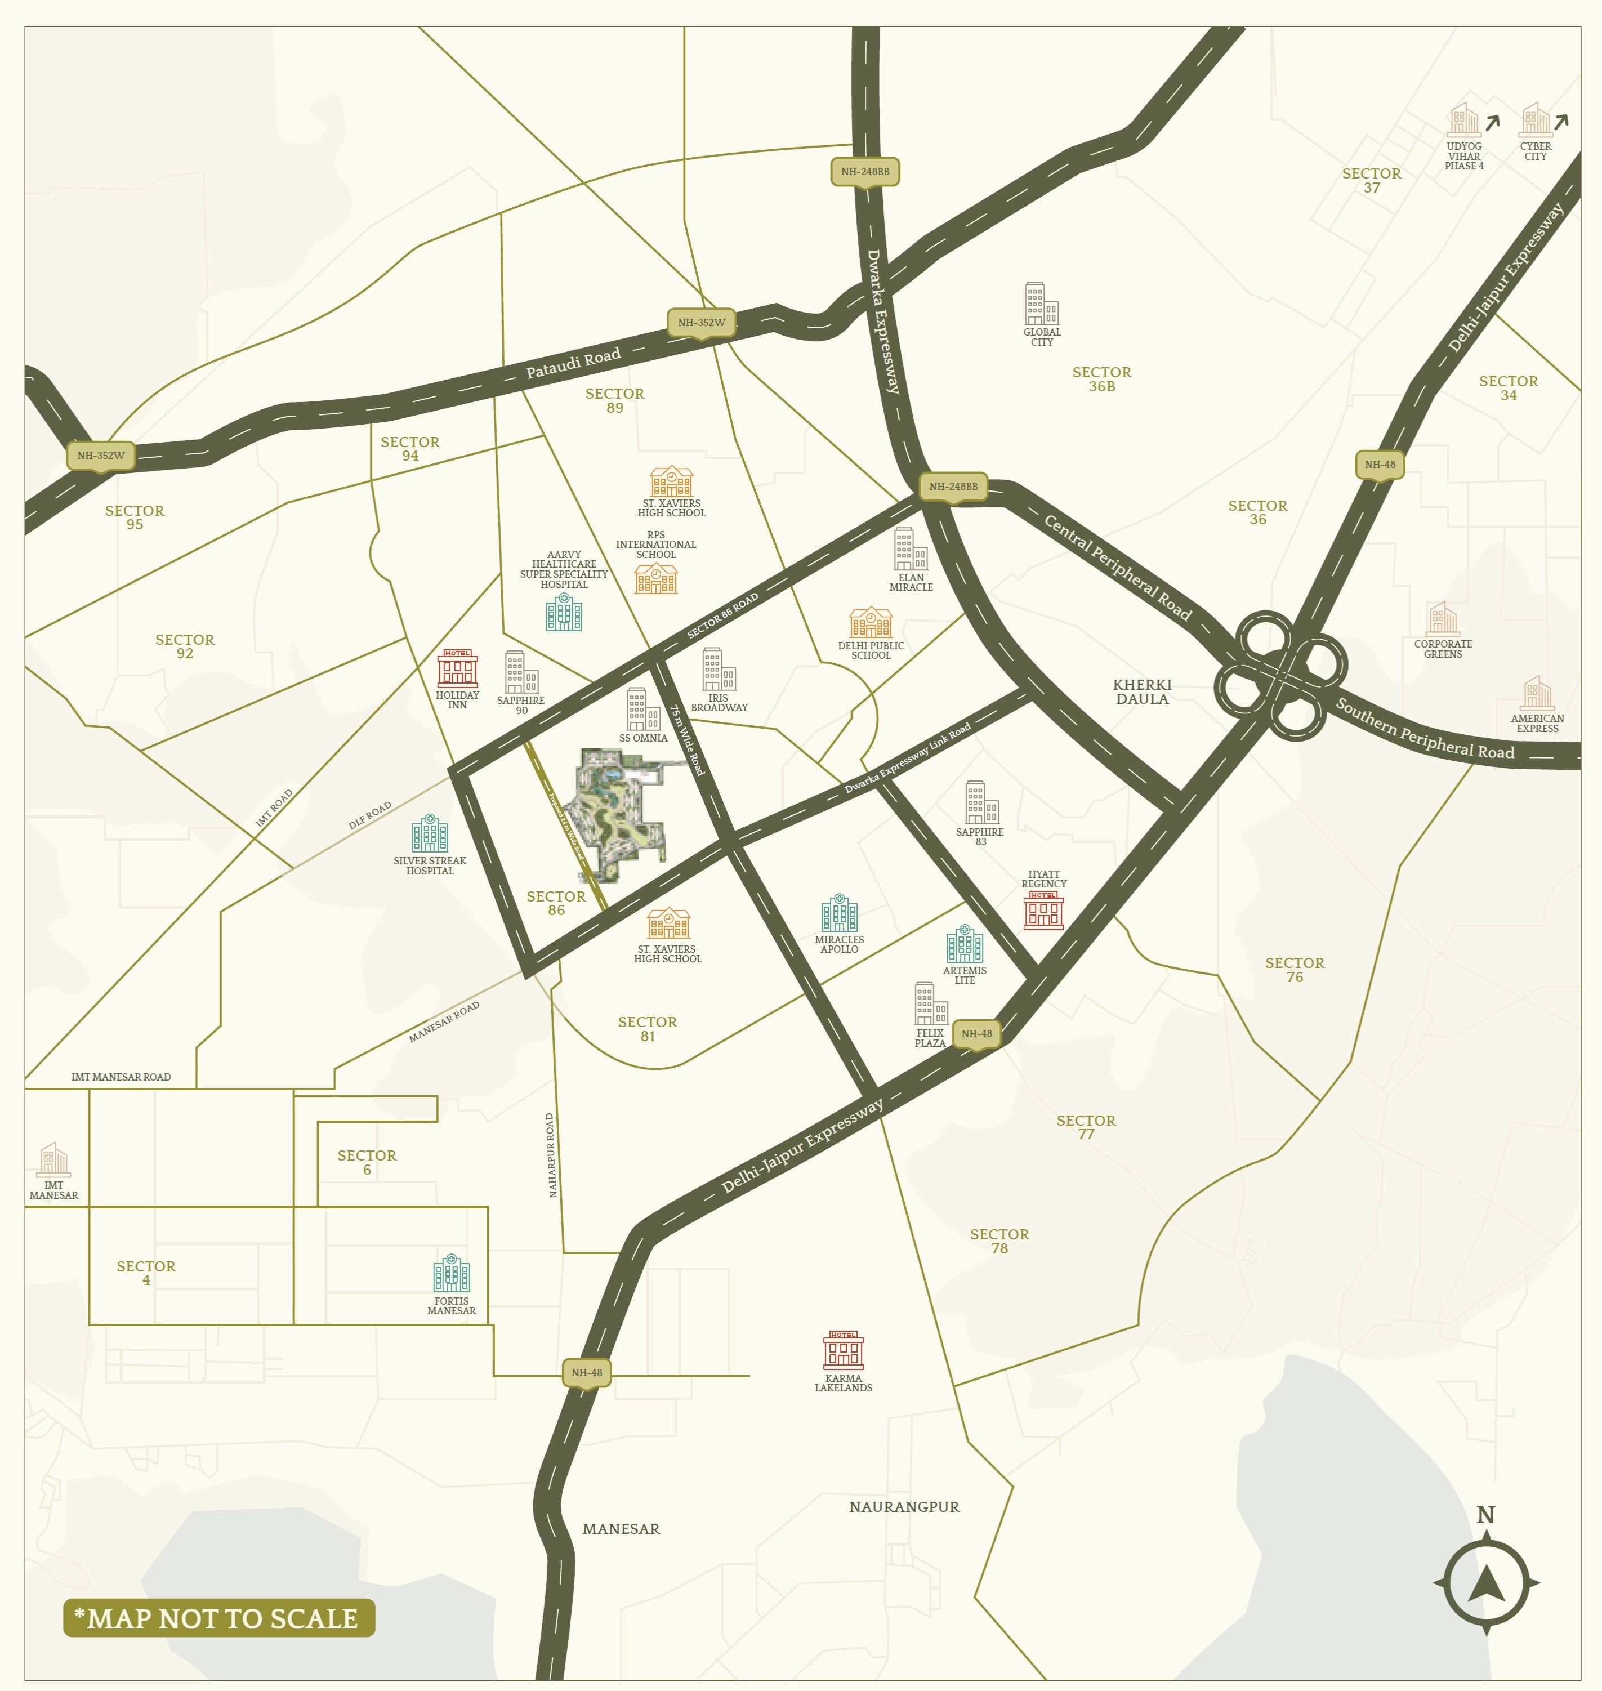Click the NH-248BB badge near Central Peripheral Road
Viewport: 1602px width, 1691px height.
tap(953, 487)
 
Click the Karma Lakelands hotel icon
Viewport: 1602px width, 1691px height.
tap(843, 1350)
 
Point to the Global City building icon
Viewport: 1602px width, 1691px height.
tap(1041, 304)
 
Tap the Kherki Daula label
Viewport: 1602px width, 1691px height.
tap(1142, 691)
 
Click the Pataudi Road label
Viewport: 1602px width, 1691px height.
tap(573, 363)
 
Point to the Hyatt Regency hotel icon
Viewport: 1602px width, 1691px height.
tap(1043, 911)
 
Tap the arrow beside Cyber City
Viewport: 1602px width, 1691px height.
tap(1561, 123)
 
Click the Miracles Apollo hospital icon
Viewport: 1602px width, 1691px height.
tap(840, 914)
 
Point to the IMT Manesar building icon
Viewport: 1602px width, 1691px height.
tap(53, 1160)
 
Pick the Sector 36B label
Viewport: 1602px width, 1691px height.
tap(1101, 379)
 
